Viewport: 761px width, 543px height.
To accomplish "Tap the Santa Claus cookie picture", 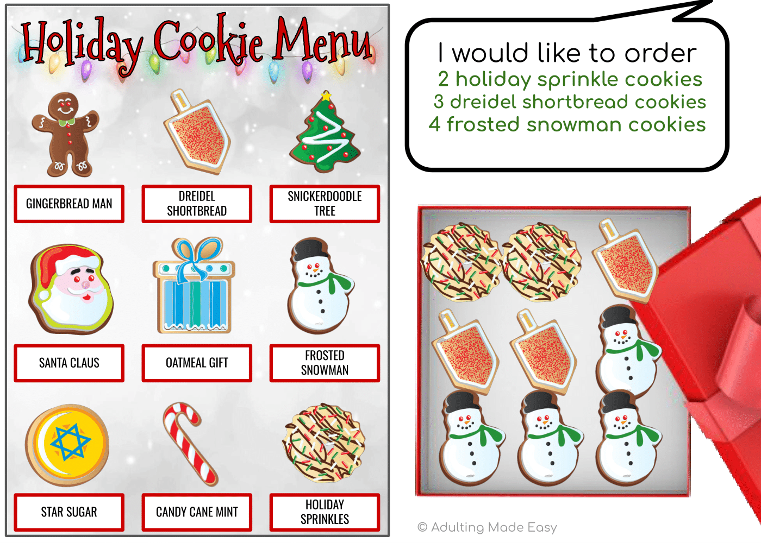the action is click(71, 289).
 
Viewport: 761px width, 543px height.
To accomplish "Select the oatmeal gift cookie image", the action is click(194, 285).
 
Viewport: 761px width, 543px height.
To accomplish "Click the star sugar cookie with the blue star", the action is click(67, 445).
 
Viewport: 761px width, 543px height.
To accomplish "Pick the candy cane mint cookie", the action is click(190, 444).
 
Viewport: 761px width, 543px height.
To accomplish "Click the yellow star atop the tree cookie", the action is click(326, 96).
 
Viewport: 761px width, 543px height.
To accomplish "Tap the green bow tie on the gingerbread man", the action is click(66, 122).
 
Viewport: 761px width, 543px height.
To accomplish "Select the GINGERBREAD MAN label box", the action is click(69, 204).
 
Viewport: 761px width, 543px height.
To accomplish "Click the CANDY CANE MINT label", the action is click(197, 512).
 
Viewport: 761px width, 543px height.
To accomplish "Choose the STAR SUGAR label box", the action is click(69, 512).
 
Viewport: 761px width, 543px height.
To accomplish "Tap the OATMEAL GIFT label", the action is click(197, 363).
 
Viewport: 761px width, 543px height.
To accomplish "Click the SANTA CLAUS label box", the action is click(69, 363).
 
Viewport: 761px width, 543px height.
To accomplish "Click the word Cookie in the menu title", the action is click(208, 41).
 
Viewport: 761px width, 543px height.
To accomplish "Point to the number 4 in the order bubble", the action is click(434, 124).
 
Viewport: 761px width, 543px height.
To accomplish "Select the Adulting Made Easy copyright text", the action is click(487, 527).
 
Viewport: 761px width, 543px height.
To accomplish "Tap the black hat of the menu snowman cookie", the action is click(310, 249).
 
